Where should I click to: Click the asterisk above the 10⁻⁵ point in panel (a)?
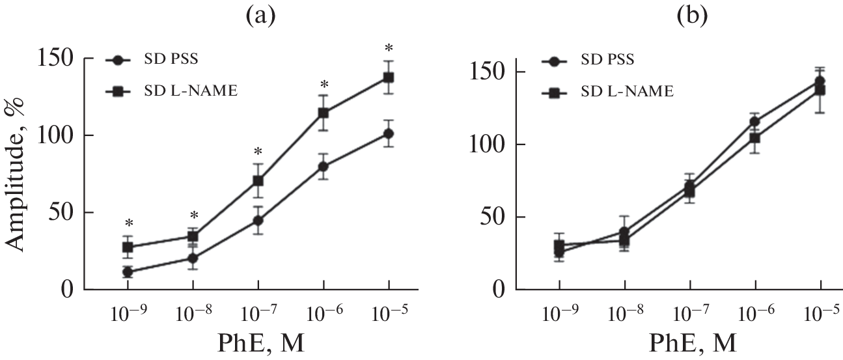(389, 48)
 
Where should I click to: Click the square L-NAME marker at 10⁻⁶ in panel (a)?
(324, 113)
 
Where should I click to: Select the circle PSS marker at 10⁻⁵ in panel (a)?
(389, 134)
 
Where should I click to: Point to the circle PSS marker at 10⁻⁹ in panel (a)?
(128, 272)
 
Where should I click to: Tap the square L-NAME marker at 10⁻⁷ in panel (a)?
(258, 180)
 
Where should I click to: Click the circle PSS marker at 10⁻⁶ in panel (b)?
(755, 121)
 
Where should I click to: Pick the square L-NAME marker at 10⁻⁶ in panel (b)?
(755, 137)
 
